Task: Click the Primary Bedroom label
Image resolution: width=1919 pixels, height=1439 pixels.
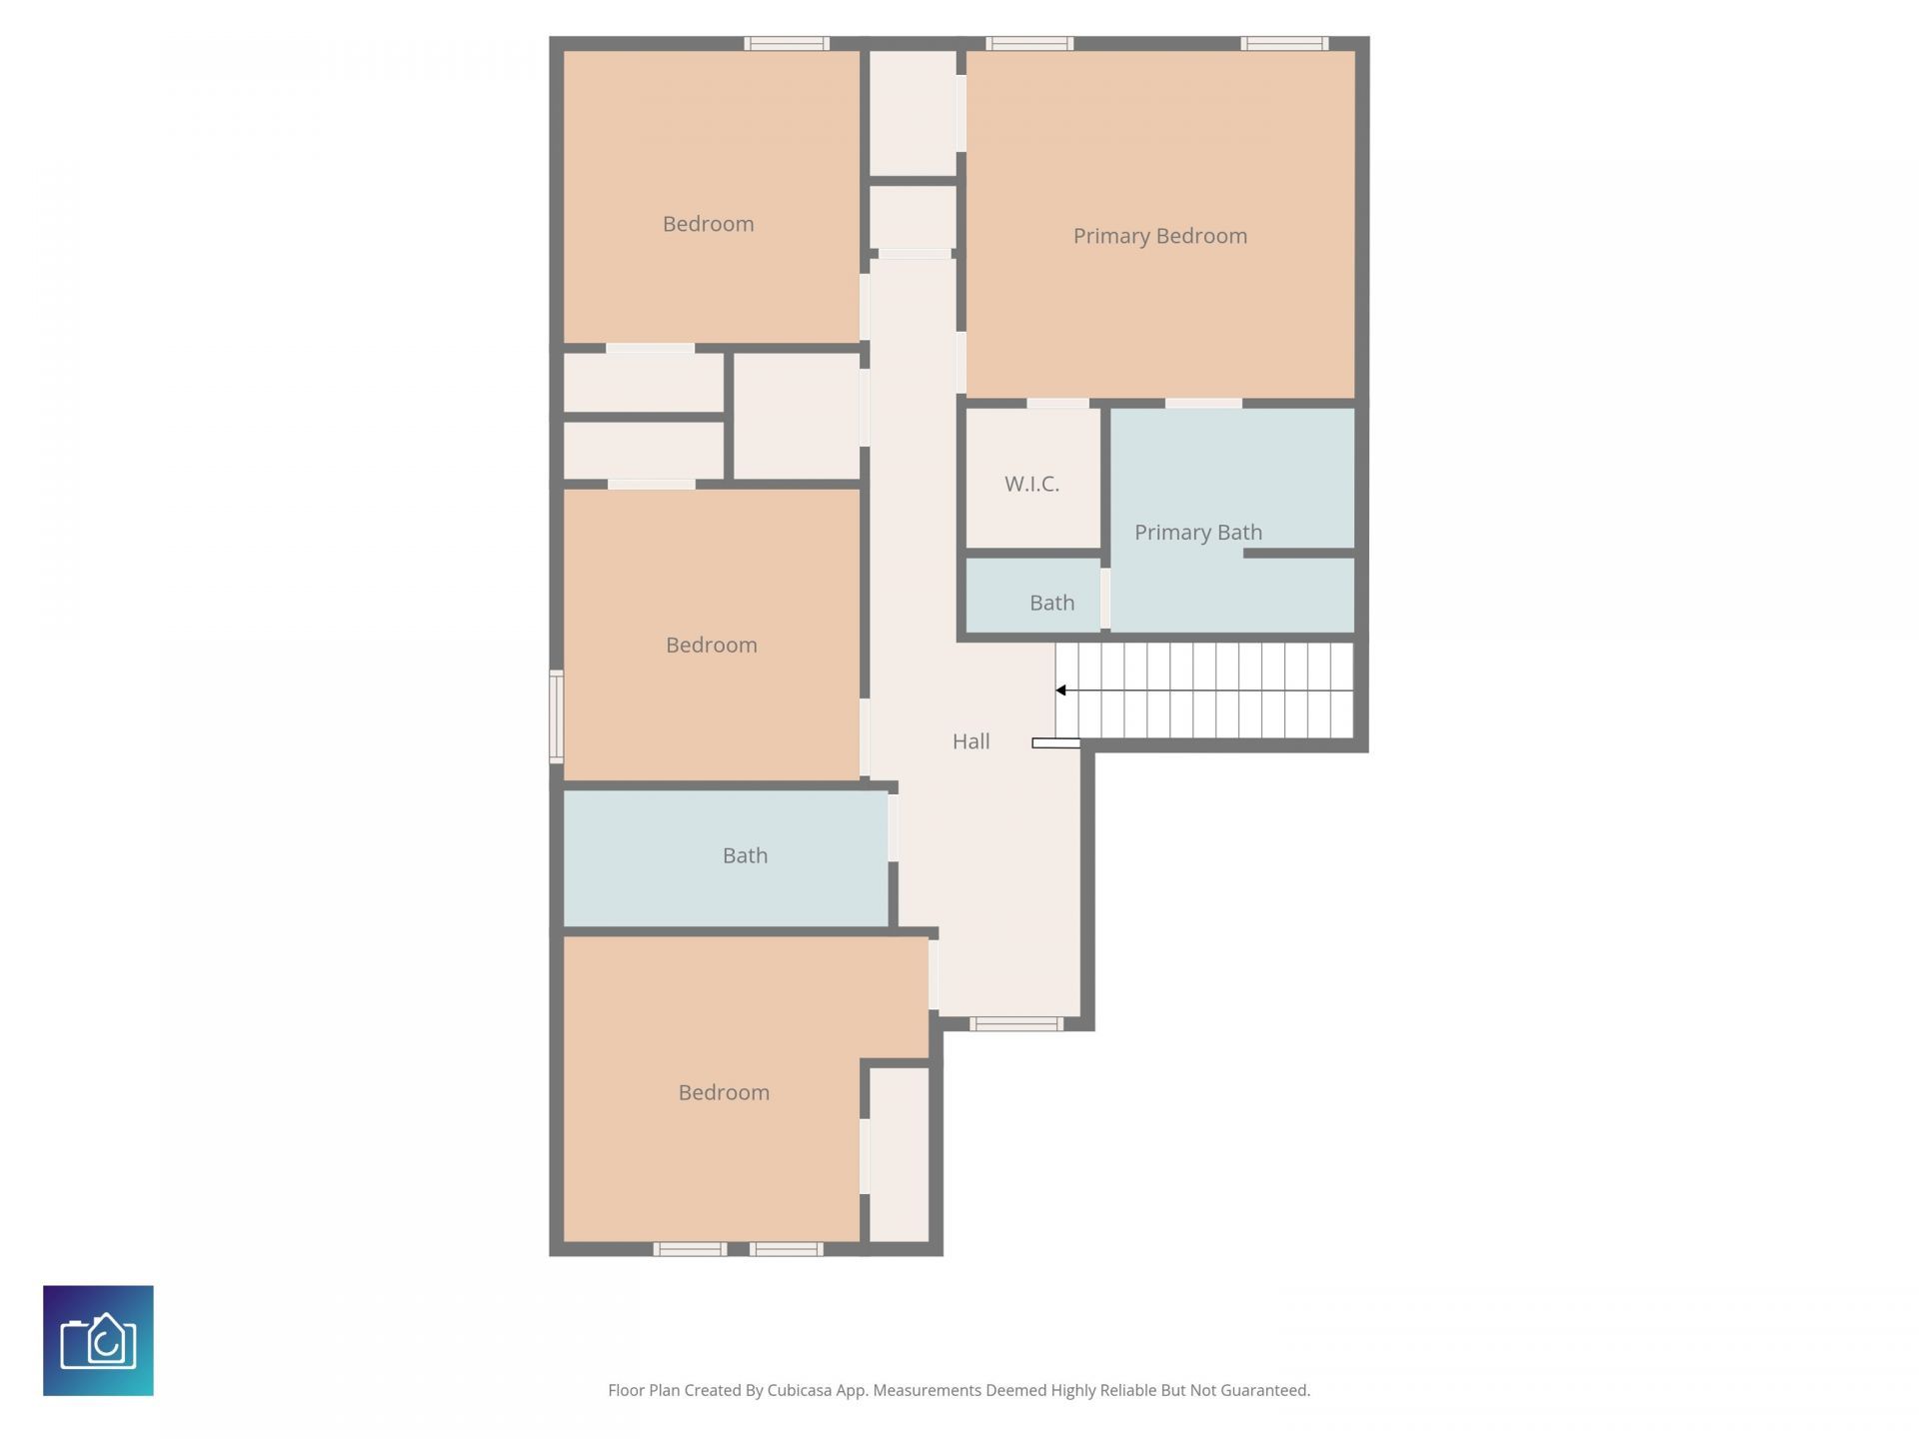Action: coord(1159,236)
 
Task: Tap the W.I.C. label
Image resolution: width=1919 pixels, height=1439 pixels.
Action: coord(1031,484)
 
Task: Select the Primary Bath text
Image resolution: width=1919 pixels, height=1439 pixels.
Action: coord(1197,533)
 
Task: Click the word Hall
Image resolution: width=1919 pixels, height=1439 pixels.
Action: coord(970,741)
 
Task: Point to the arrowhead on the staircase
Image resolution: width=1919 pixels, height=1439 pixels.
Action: coord(1061,691)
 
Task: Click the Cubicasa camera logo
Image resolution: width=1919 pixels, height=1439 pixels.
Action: coord(98,1340)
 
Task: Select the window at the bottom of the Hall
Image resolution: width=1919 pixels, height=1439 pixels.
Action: coord(1015,1023)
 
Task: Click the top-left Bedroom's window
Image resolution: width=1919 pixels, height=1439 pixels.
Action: coord(787,43)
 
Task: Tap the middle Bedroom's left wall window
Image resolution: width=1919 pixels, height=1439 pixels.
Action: coord(557,717)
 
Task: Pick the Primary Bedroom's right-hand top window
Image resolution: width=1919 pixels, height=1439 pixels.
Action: coord(1284,43)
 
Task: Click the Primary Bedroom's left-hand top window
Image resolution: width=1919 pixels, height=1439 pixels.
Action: coord(1029,43)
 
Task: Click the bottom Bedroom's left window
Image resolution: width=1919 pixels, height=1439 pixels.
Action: coord(690,1249)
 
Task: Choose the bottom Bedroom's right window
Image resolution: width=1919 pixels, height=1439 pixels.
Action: coord(787,1249)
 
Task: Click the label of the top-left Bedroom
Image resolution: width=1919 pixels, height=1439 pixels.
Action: coord(708,224)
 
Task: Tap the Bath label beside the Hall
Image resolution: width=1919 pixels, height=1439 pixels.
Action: coord(745,855)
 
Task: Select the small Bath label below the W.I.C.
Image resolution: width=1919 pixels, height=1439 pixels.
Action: coord(1051,603)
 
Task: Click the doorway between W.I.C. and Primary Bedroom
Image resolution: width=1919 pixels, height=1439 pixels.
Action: coord(1057,404)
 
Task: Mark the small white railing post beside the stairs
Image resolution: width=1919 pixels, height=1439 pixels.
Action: coord(1055,743)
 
